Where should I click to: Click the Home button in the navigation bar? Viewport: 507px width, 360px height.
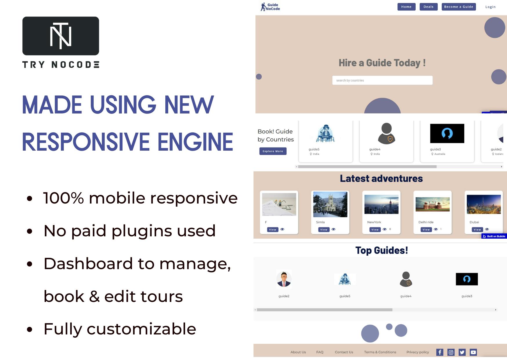pos(406,7)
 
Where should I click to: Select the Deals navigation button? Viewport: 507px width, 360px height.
pos(428,7)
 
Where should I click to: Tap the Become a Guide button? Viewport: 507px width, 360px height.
pos(459,7)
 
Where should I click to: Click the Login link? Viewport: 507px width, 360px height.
pos(490,7)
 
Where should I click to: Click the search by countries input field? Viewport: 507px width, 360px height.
pos(382,80)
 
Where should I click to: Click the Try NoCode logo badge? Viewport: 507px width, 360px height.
pos(61,36)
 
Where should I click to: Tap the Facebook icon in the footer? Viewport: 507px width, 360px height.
pos(440,352)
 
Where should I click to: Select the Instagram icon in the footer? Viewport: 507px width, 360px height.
pos(451,352)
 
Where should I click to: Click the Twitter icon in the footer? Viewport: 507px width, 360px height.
pos(462,352)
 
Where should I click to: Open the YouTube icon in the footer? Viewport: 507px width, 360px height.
pos(473,352)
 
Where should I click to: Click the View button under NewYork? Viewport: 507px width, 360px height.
pos(375,230)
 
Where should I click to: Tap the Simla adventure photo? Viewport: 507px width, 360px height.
pos(330,204)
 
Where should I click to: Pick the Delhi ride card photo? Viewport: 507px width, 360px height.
pos(432,204)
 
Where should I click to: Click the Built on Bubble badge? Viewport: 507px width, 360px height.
pos(494,236)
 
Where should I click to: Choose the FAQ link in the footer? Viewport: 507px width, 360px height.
pos(320,352)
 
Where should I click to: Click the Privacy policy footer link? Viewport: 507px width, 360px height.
pos(418,352)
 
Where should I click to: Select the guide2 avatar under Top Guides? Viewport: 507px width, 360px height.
pos(284,279)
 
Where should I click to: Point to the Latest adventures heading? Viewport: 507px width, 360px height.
pos(381,178)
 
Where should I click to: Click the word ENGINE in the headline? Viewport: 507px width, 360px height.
pos(195,142)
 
